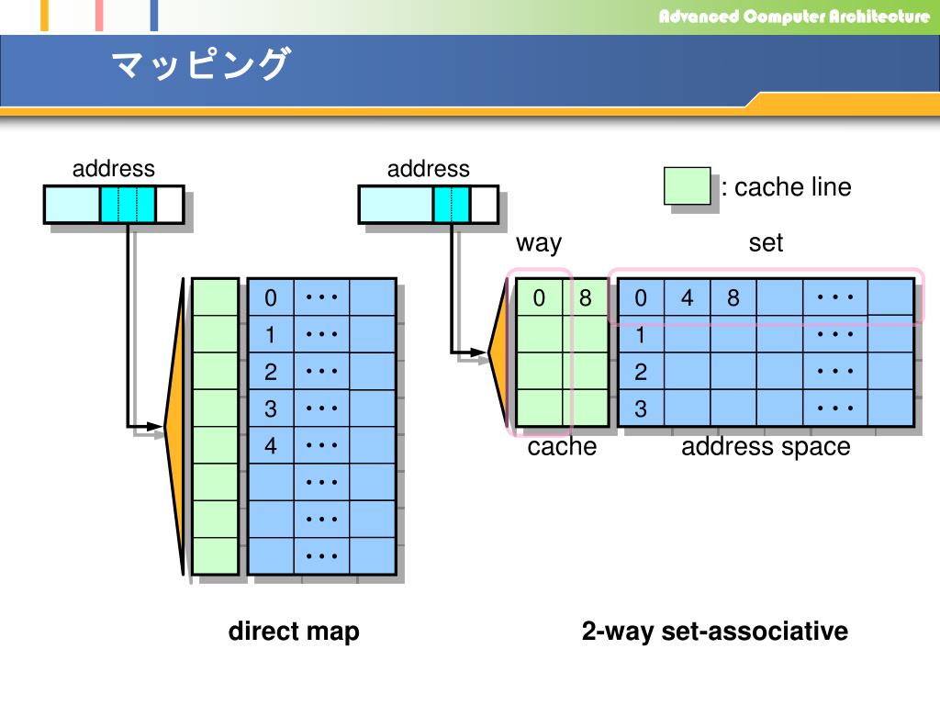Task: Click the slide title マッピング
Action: (200, 66)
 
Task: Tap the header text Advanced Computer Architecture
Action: (794, 17)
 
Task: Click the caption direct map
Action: (294, 632)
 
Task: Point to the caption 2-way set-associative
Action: (714, 632)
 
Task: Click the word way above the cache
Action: (539, 243)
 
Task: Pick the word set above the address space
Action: (766, 243)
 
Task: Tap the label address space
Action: (766, 447)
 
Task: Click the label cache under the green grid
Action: (562, 447)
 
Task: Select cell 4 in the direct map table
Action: (271, 446)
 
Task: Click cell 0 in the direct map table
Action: (271, 298)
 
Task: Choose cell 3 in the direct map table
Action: (271, 408)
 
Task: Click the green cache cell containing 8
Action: (586, 298)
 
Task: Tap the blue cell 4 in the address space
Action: (687, 298)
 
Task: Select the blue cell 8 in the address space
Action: (733, 298)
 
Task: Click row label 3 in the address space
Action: (641, 408)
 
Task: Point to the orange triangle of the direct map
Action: (175, 426)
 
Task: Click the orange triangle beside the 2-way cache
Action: (498, 352)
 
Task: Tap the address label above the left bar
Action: (114, 169)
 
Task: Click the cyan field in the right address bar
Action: (451, 205)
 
